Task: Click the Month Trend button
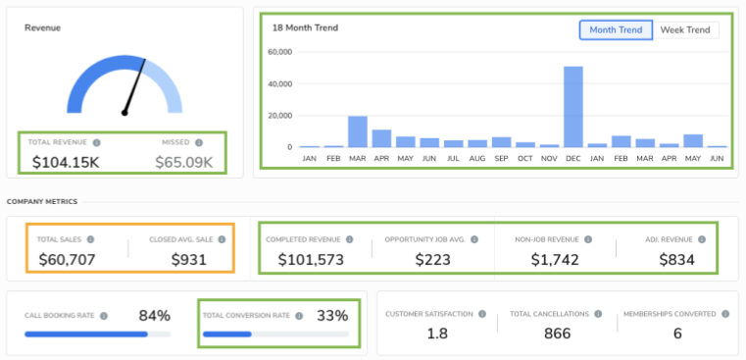pyautogui.click(x=616, y=29)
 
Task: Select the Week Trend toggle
pyautogui.click(x=684, y=29)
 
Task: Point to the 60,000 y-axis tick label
pyautogui.click(x=280, y=52)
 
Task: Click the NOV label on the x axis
pyautogui.click(x=549, y=157)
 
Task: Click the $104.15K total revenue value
pyautogui.click(x=67, y=162)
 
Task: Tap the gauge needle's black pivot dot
pyautogui.click(x=124, y=113)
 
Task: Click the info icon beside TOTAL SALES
pyautogui.click(x=90, y=239)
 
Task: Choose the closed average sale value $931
pyautogui.click(x=191, y=260)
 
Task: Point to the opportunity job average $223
pyautogui.click(x=431, y=260)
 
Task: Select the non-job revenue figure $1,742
pyautogui.click(x=555, y=260)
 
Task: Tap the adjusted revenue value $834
pyautogui.click(x=676, y=260)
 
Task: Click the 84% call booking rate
pyautogui.click(x=154, y=315)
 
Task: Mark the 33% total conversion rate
pyautogui.click(x=331, y=315)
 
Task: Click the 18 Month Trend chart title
pyautogui.click(x=304, y=27)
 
